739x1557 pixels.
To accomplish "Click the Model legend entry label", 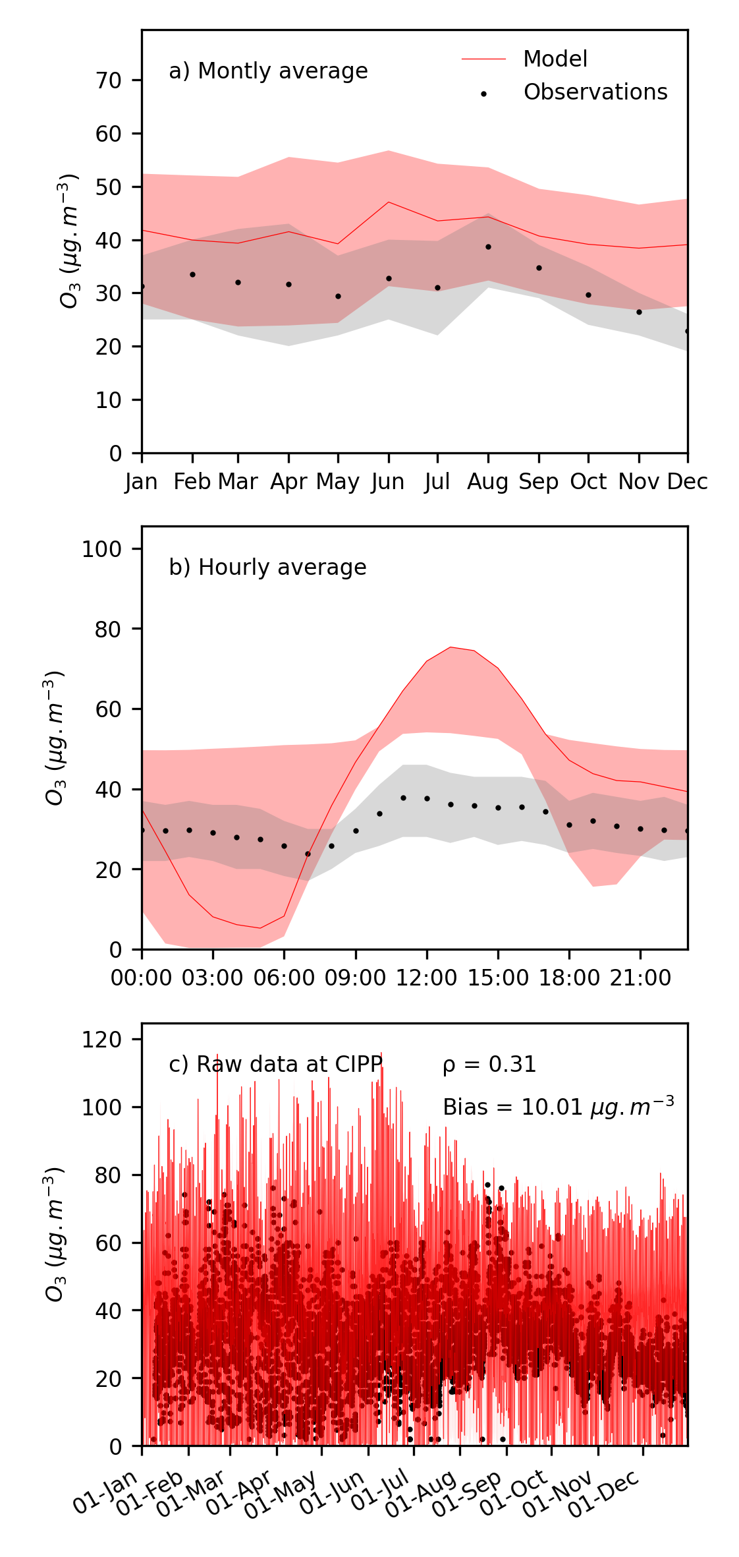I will [x=555, y=59].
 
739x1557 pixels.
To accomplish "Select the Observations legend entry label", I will [x=595, y=92].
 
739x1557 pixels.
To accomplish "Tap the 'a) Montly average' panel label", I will [x=268, y=71].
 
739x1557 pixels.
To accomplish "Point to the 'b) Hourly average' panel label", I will [x=267, y=568].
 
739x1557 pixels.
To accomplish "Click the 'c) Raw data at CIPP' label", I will [x=275, y=1065].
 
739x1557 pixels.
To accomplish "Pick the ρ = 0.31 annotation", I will [x=489, y=1065].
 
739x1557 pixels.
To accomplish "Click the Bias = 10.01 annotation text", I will [x=558, y=1107].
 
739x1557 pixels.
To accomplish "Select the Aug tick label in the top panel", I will [x=487, y=483].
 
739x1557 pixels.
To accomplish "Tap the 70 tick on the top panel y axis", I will [x=109, y=80].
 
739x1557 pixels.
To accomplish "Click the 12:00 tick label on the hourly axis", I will [x=426, y=978].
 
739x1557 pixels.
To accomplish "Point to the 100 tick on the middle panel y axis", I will [x=101, y=549].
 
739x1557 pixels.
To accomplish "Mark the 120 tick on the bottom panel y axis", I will [x=101, y=1040].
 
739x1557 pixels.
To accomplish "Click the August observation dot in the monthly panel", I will [x=488, y=247].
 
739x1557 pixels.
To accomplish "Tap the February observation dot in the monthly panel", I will [x=192, y=274].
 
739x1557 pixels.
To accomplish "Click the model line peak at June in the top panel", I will [x=389, y=202].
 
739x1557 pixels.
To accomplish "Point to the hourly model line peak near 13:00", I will [x=451, y=647].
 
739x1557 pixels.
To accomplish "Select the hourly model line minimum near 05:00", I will [x=260, y=928].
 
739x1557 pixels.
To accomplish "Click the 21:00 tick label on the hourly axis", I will [x=640, y=978].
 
